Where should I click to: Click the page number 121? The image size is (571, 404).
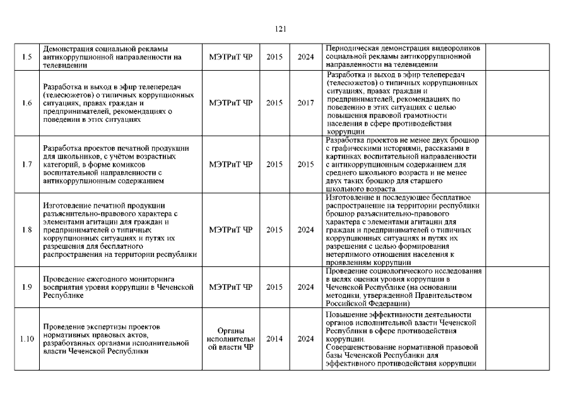tap(281, 28)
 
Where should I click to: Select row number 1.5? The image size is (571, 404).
tap(26, 57)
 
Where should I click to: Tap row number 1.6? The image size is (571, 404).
tap(26, 102)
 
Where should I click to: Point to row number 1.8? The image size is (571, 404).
tap(26, 229)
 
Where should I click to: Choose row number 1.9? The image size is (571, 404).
tap(26, 287)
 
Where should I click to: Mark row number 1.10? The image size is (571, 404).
tap(26, 338)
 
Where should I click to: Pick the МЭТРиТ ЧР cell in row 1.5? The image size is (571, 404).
tap(230, 57)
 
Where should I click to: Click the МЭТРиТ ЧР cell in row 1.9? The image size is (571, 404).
tap(230, 287)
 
